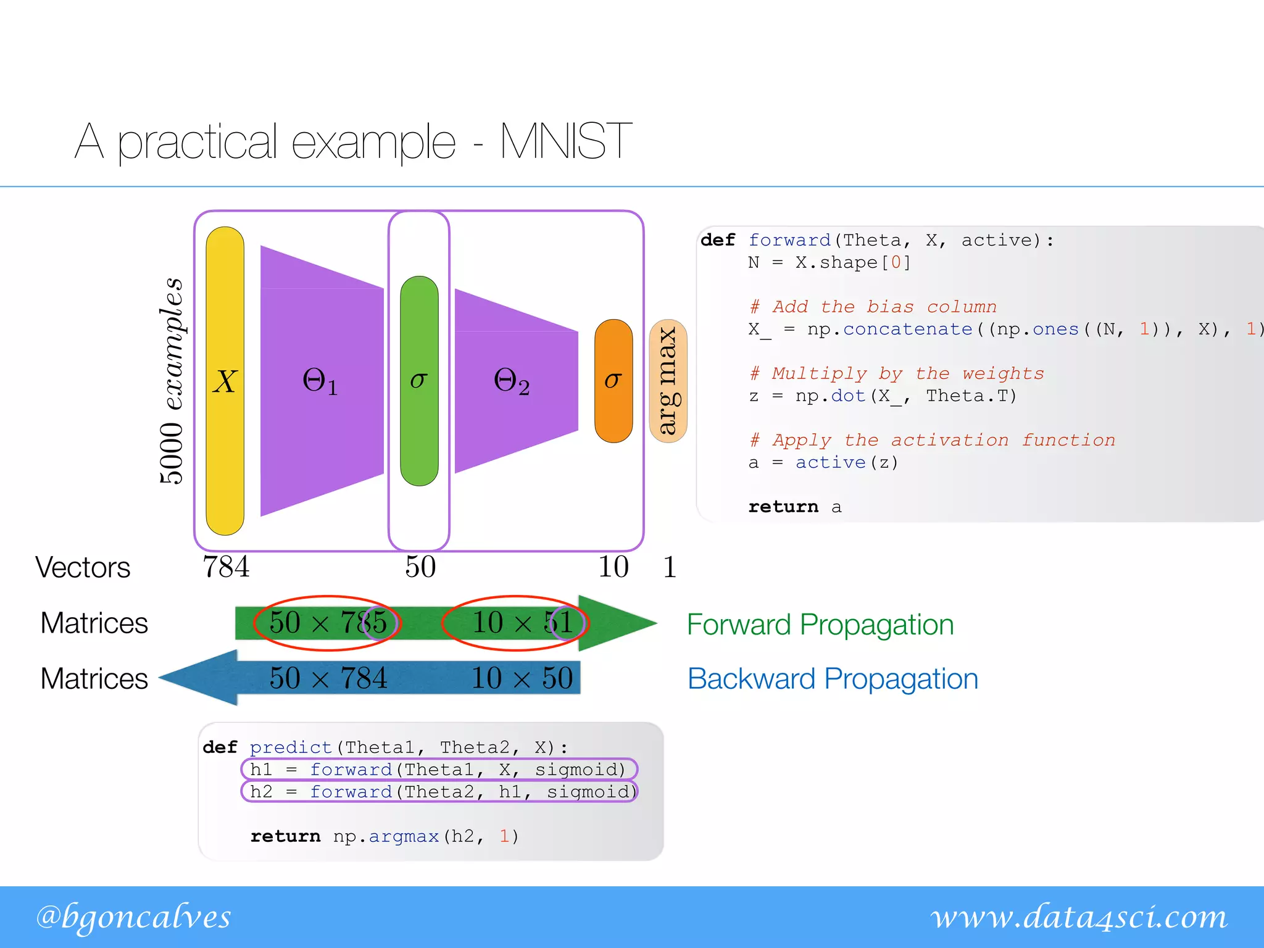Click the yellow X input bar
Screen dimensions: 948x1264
click(x=225, y=381)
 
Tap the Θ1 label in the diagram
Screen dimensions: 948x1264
click(x=320, y=381)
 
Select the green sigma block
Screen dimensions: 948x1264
click(x=419, y=381)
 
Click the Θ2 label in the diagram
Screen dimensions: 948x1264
click(x=512, y=381)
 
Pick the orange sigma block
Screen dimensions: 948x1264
click(x=613, y=381)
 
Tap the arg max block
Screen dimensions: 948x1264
click(x=668, y=381)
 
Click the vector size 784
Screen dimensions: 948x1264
click(x=226, y=567)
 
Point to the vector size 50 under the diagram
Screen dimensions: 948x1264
click(x=420, y=567)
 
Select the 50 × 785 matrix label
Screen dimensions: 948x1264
click(x=328, y=623)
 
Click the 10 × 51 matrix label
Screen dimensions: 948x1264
click(x=522, y=623)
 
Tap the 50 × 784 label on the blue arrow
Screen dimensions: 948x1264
click(x=328, y=678)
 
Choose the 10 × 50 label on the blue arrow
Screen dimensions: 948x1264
click(x=522, y=678)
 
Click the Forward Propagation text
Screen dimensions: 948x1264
click(x=820, y=625)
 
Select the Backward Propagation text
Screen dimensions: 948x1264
click(x=833, y=679)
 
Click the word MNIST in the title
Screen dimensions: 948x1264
click(x=565, y=141)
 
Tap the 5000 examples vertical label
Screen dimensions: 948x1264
click(x=171, y=381)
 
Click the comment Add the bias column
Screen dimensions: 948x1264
click(x=873, y=307)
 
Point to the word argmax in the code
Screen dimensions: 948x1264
click(x=404, y=836)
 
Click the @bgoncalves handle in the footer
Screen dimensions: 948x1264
click(x=133, y=917)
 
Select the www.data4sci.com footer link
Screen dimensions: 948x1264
click(x=1079, y=917)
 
